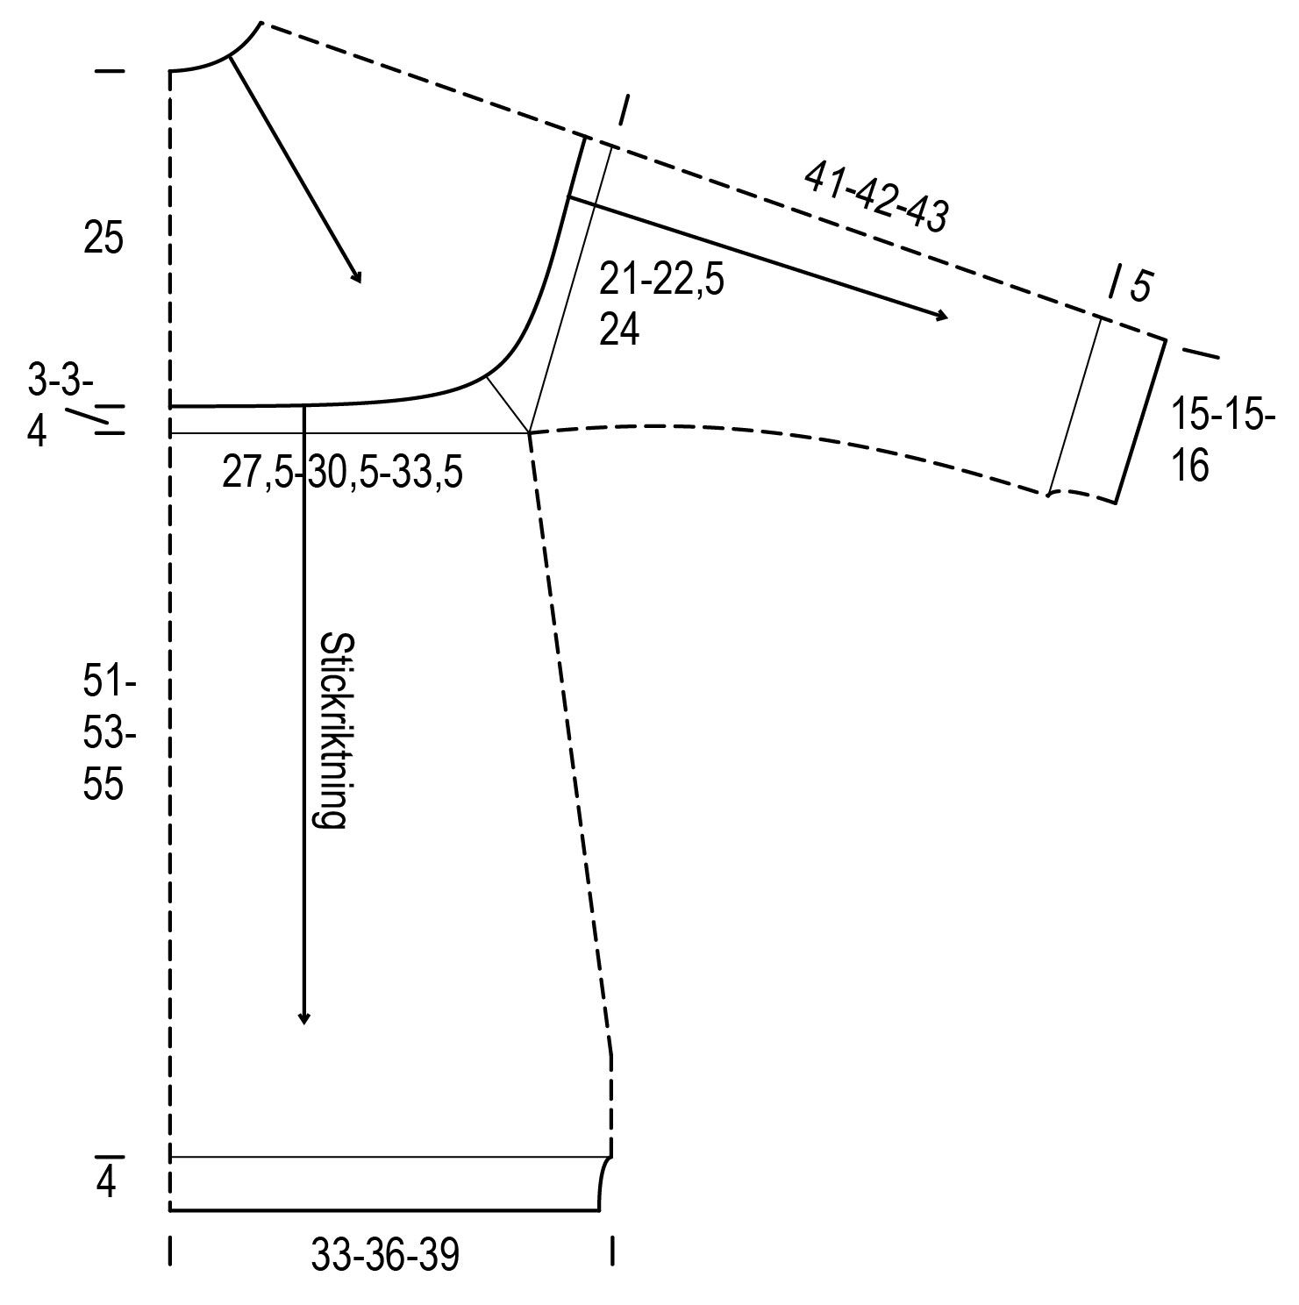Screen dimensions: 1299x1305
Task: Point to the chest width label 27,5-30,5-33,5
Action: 342,474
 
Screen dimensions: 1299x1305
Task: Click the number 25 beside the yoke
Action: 103,239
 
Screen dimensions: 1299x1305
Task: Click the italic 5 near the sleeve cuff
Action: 1139,287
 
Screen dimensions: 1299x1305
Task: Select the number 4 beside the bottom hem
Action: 106,1185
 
